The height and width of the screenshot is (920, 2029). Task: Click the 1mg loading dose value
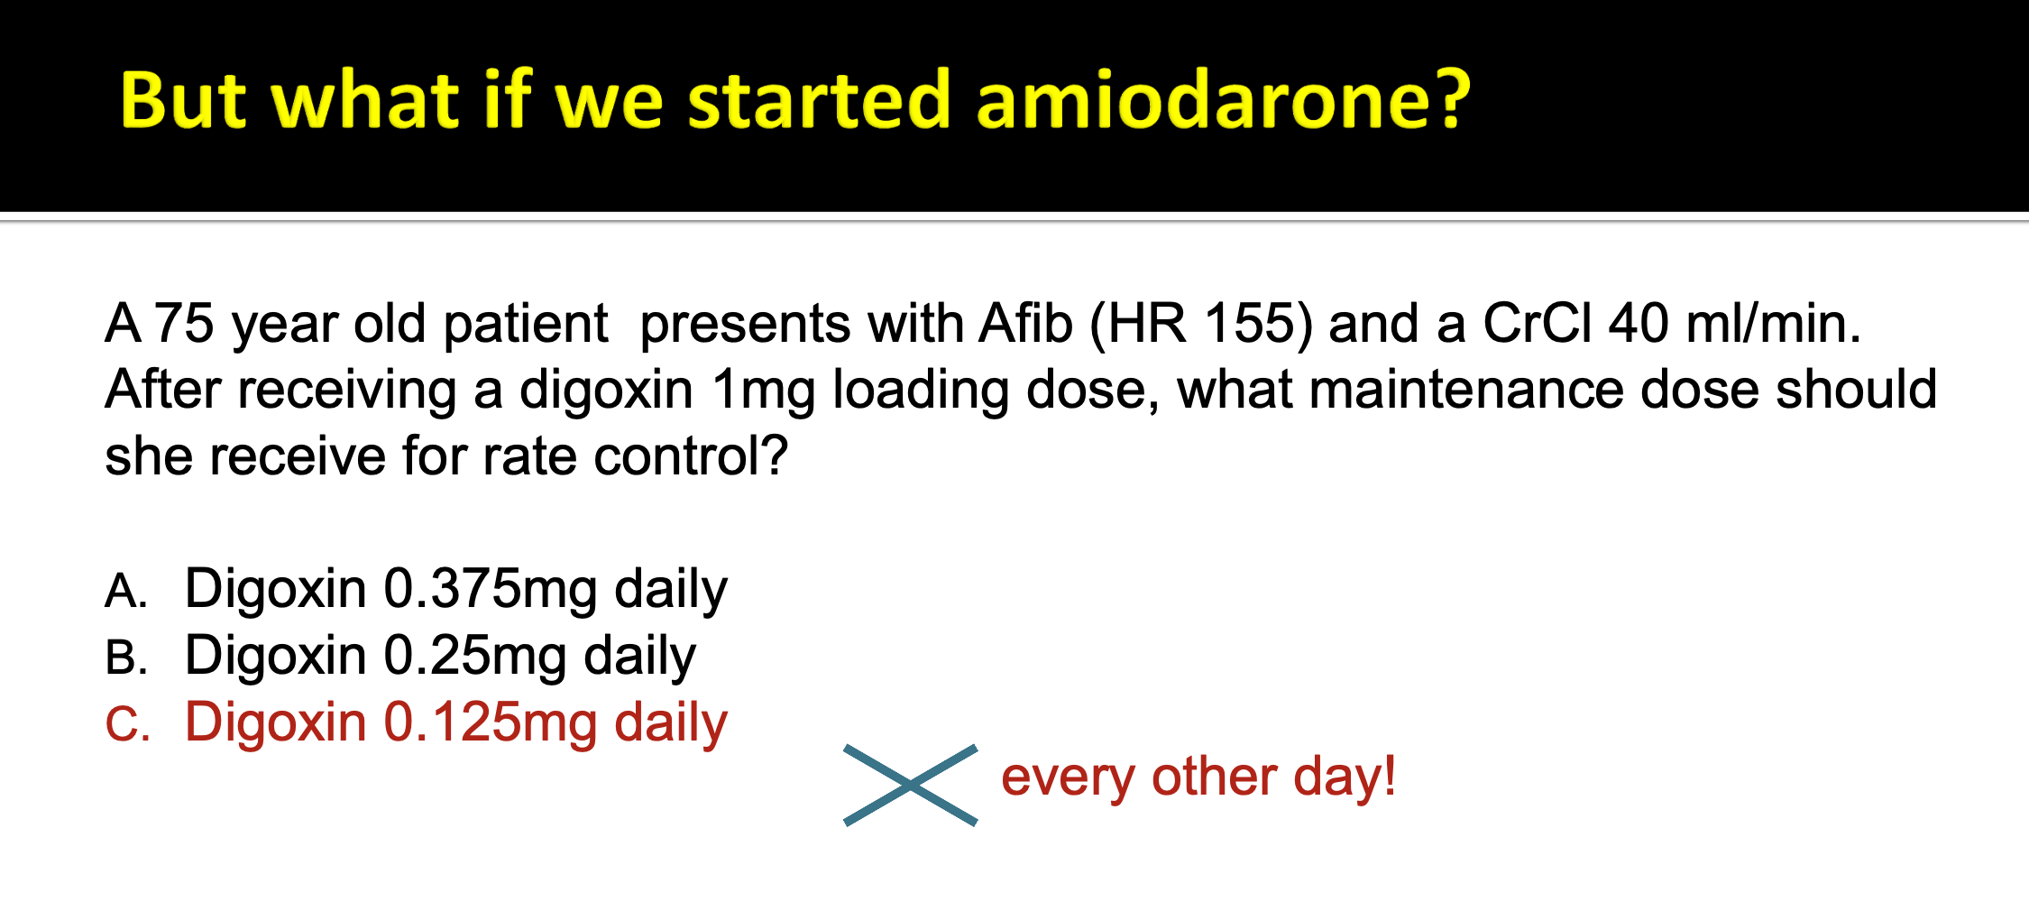point(763,390)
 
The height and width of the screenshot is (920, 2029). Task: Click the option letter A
point(125,592)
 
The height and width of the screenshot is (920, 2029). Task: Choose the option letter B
point(125,658)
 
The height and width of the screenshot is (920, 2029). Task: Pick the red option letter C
point(126,724)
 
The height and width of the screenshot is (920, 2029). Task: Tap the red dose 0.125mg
point(491,724)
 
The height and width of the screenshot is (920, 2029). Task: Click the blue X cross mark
point(911,786)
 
